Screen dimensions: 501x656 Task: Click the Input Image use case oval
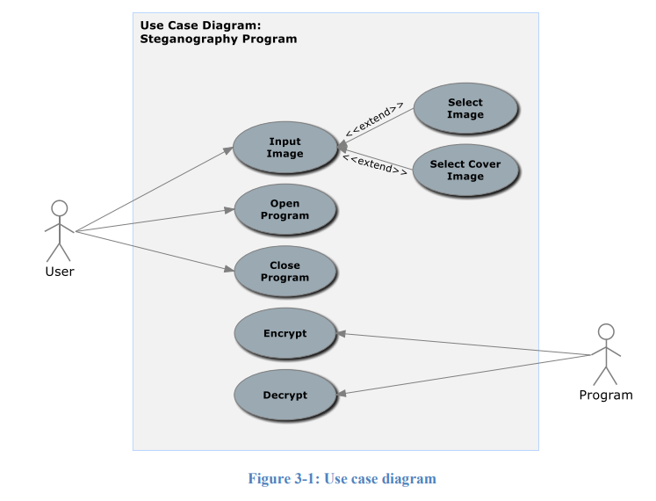click(285, 148)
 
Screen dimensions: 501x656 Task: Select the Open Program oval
click(285, 210)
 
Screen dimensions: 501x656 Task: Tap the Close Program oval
click(285, 272)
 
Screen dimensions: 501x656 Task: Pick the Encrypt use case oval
click(285, 333)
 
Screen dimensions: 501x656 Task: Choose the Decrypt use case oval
click(285, 395)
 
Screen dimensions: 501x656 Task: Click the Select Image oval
click(465, 109)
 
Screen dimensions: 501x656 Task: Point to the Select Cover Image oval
click(465, 171)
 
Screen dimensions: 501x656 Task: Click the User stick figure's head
click(59, 208)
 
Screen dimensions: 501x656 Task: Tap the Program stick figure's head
click(605, 332)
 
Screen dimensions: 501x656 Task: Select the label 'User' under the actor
click(59, 272)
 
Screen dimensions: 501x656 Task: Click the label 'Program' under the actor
click(605, 396)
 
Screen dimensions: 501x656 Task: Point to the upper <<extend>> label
click(374, 120)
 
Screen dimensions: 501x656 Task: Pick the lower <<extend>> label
click(374, 164)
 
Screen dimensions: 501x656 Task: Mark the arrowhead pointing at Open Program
click(229, 211)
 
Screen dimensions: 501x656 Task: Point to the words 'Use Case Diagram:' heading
click(200, 25)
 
